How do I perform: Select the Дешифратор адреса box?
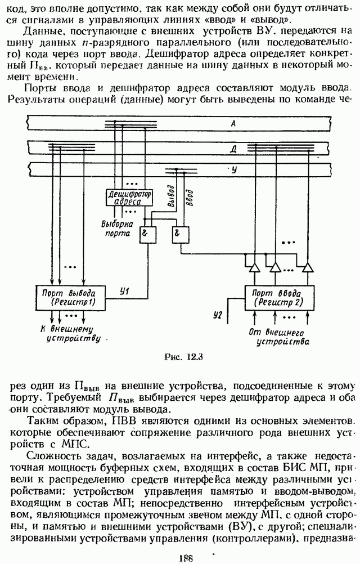point(129,197)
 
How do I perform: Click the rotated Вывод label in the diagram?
point(164,196)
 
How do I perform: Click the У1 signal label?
point(125,292)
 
